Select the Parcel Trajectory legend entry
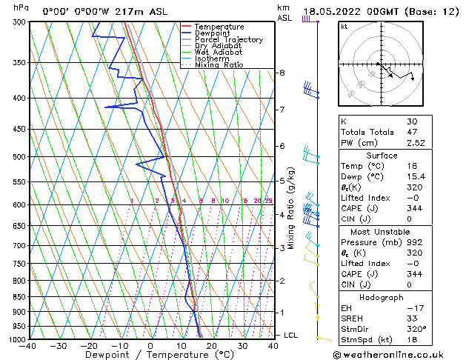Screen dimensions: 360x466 coord(228,39)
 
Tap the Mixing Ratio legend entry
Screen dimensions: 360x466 coord(219,65)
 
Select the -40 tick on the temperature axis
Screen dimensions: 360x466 coord(29,346)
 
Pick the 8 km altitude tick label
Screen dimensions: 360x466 coord(282,73)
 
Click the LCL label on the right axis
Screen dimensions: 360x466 coord(291,336)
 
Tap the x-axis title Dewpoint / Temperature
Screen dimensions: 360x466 coord(150,355)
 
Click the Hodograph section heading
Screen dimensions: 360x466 coord(382,296)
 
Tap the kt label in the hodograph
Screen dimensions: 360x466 coord(344,27)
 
